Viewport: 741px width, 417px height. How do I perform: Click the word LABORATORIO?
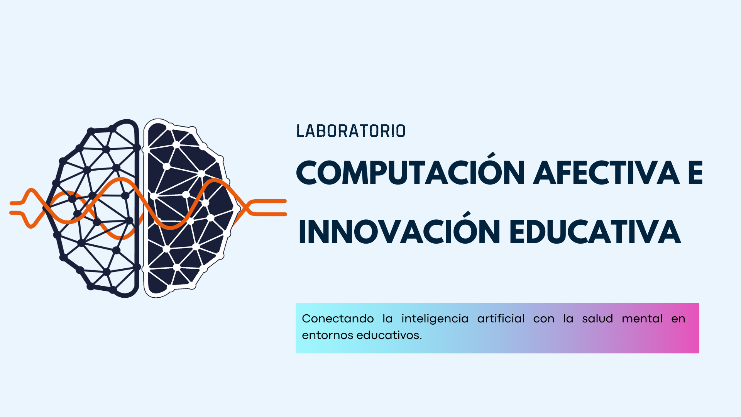click(351, 131)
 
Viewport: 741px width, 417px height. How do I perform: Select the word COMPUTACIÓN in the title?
click(411, 173)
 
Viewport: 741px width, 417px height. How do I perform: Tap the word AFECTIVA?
click(608, 173)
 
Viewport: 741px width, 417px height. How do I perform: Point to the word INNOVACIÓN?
click(399, 232)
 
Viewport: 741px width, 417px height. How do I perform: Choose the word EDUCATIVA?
click(595, 232)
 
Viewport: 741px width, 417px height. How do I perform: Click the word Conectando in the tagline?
click(338, 319)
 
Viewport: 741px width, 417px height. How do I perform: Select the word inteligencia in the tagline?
click(435, 319)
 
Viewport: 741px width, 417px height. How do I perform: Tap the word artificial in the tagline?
click(501, 319)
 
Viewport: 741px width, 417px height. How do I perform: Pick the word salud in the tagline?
click(597, 319)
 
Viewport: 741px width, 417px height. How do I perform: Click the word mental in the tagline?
click(642, 319)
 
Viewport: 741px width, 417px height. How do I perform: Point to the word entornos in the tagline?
click(327, 335)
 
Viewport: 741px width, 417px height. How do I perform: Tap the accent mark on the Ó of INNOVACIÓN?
click(467, 214)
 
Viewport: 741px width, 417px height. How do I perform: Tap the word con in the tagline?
click(543, 319)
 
